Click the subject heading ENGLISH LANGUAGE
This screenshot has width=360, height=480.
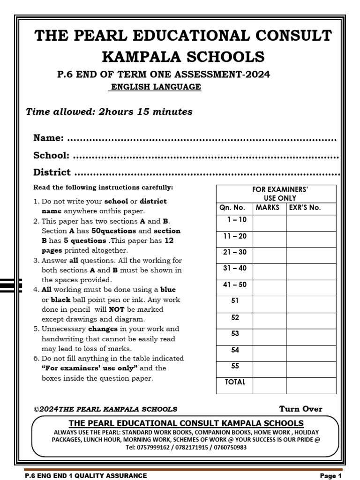(155, 87)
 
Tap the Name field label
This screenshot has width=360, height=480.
(48, 138)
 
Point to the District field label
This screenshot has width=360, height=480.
(52, 172)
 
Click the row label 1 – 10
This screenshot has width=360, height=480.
(236, 220)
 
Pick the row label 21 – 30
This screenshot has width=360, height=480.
(235, 252)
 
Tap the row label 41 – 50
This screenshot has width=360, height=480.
(235, 285)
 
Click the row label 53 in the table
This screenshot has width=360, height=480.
(235, 334)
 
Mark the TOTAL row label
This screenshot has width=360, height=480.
(235, 382)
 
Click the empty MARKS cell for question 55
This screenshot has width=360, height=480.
(270, 369)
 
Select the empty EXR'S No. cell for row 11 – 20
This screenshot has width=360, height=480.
(311, 240)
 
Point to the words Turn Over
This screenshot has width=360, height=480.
(300, 409)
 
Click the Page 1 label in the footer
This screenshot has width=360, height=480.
(330, 476)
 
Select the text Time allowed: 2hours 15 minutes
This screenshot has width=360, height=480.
(109, 112)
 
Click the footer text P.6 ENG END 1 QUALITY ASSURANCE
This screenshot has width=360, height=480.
(86, 476)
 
